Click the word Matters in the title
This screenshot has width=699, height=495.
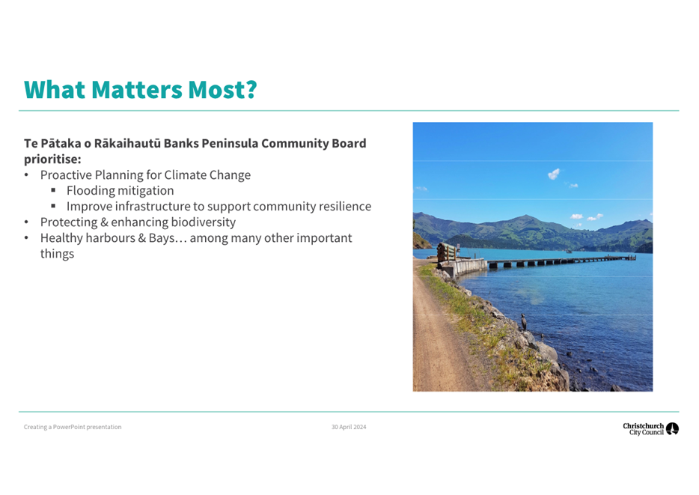click(137, 89)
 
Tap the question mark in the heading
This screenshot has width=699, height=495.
click(251, 89)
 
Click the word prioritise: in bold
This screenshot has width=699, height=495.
click(52, 160)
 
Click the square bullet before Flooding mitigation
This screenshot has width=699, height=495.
click(53, 190)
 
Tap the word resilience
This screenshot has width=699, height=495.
click(346, 206)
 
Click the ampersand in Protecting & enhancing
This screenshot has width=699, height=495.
click(104, 222)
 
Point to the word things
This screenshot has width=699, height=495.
click(57, 254)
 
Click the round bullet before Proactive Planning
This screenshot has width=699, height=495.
click(26, 175)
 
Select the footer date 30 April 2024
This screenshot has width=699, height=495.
click(349, 427)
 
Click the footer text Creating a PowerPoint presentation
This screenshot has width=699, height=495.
click(73, 427)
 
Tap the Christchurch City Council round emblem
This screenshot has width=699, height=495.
click(672, 428)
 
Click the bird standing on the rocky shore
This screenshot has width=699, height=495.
click(524, 321)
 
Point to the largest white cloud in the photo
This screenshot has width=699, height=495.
click(554, 174)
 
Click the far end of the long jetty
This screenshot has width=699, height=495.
click(633, 258)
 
